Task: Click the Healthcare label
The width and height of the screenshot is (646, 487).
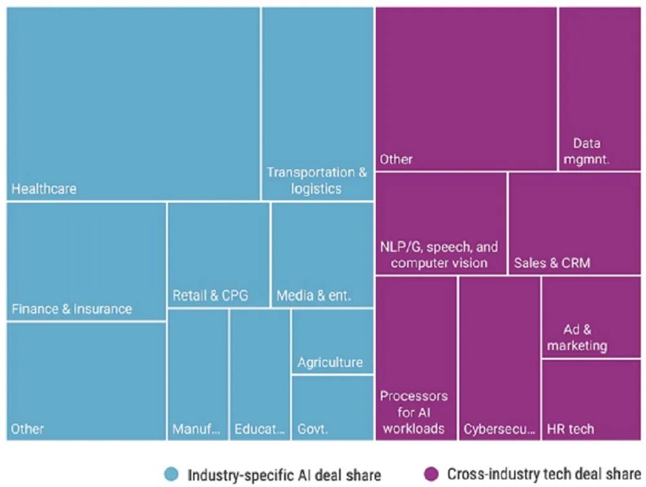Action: (44, 189)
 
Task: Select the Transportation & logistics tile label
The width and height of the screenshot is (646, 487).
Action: (317, 181)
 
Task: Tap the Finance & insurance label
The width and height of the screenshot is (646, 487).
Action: (72, 309)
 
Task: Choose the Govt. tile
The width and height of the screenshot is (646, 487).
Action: (332, 408)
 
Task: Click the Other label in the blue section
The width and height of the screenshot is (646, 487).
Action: (28, 429)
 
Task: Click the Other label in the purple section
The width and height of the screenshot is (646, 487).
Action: (396, 159)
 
